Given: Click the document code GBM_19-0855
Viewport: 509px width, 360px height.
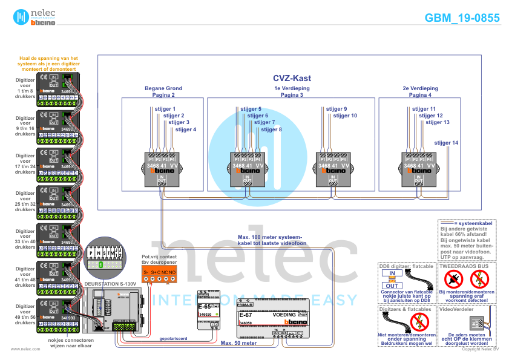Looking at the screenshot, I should (462, 18).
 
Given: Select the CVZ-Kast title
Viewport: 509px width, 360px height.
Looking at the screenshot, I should (291, 78).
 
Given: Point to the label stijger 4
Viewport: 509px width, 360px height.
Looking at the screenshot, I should (185, 129).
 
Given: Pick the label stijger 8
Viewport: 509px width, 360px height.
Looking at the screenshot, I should (271, 129).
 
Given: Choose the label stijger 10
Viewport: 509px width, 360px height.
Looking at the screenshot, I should (345, 115).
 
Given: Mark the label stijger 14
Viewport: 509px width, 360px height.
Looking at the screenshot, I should (446, 143).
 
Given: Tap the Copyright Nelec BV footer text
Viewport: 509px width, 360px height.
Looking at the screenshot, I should (479, 349).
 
